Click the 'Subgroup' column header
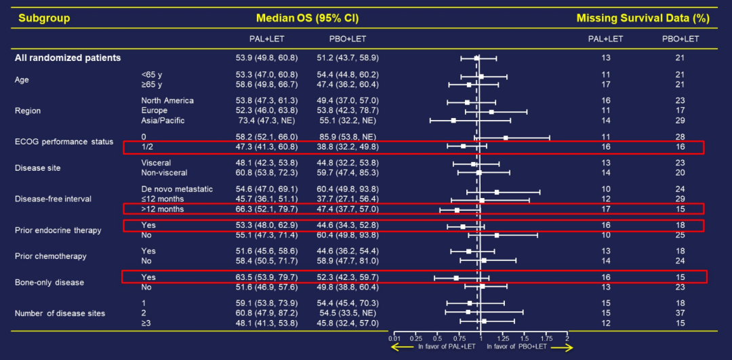click(x=44, y=18)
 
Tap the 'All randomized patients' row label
click(x=68, y=58)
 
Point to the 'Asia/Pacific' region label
click(x=163, y=121)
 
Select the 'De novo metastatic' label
click(x=177, y=188)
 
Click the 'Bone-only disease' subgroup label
click(x=49, y=282)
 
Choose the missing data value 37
click(x=680, y=313)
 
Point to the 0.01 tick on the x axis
click(x=394, y=338)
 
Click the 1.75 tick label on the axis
click(x=546, y=338)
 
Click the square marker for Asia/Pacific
click(x=453, y=121)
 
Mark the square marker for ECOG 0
click(x=505, y=138)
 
